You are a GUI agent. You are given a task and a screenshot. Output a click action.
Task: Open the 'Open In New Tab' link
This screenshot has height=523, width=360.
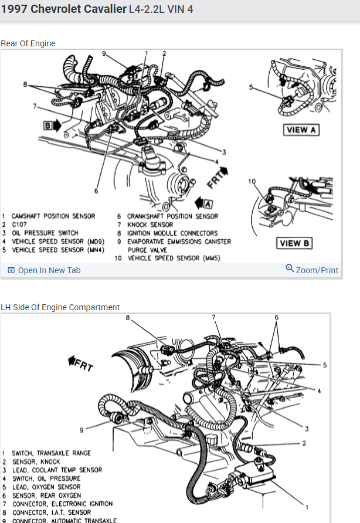click(x=49, y=270)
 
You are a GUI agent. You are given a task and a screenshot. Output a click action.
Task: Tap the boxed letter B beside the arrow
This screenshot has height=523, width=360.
click(x=47, y=124)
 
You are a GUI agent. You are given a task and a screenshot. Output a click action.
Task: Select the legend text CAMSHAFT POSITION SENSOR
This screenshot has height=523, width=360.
click(x=53, y=216)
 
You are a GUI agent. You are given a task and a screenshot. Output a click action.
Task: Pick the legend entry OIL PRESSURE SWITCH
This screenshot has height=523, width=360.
click(x=45, y=233)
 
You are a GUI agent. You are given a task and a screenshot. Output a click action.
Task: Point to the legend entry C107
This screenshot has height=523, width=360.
click(x=20, y=225)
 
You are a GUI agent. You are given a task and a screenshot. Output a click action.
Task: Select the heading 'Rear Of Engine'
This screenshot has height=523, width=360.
click(x=28, y=43)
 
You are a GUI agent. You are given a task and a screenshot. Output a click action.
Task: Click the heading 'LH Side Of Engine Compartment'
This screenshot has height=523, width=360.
click(x=60, y=307)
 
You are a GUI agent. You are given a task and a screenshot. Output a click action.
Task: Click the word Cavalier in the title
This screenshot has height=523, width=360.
click(x=105, y=9)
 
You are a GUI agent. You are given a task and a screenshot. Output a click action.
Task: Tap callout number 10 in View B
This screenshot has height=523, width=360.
click(x=252, y=181)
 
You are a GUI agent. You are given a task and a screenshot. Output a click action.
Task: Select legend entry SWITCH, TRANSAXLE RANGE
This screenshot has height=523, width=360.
click(x=52, y=453)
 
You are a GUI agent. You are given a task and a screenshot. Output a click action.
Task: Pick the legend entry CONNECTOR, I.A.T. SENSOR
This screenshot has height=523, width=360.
click(x=52, y=512)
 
